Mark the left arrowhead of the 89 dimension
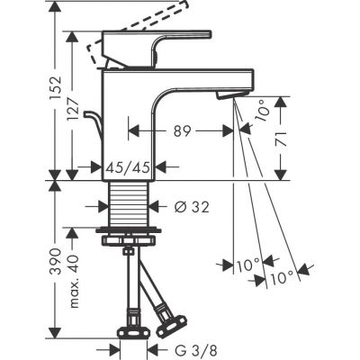coord(135,130)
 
